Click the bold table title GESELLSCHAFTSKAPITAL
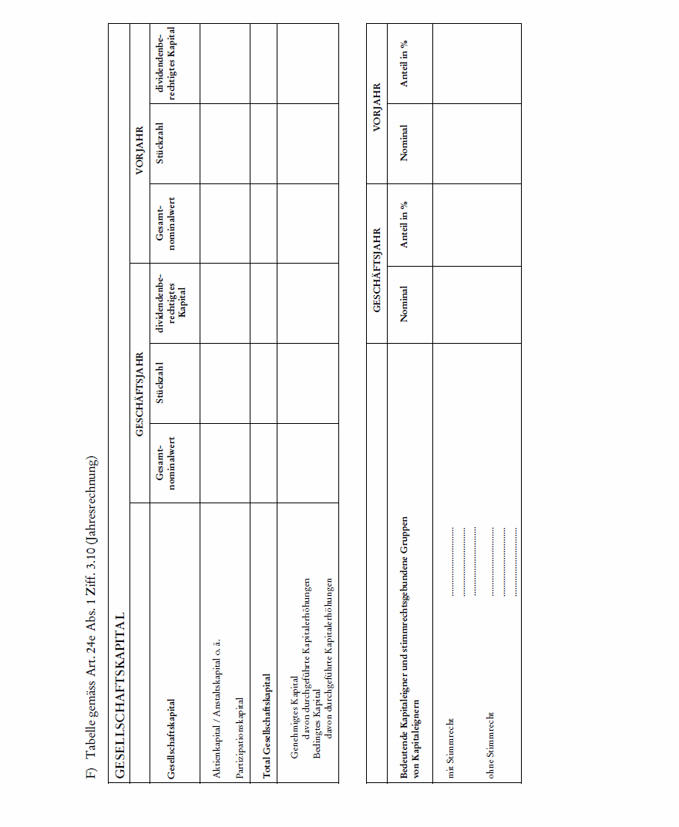[119, 693]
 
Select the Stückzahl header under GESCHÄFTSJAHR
[160, 383]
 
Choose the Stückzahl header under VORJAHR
[160, 143]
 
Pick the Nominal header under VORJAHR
[404, 143]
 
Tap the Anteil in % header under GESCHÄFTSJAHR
[404, 224]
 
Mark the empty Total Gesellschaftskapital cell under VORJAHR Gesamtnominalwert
[264, 224]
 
